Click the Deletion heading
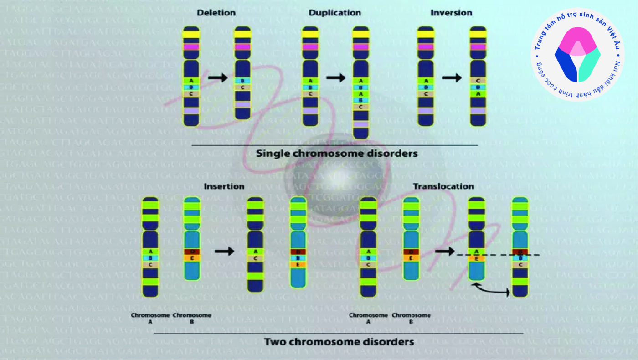pos(216,13)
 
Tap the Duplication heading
pos(335,13)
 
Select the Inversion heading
pos(451,13)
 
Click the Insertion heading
pos(224,186)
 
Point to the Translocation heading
pos(443,186)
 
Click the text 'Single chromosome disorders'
pos(337,154)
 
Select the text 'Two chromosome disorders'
pos(339,341)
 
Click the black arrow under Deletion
pos(217,78)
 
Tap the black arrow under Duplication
pos(336,78)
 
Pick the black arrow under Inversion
pos(452,78)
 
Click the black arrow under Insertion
pos(224,251)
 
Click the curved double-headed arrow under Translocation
pos(492,289)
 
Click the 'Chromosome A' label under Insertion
pos(150,318)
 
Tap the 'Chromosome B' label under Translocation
pos(411,318)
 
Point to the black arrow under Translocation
pos(445,251)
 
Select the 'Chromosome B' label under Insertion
pos(192,318)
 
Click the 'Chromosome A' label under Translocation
pos(368,318)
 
